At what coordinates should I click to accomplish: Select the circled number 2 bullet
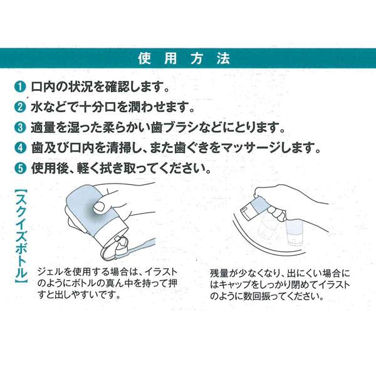19,107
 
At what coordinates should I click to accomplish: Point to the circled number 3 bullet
19,128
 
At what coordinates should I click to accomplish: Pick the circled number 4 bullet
19,149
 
